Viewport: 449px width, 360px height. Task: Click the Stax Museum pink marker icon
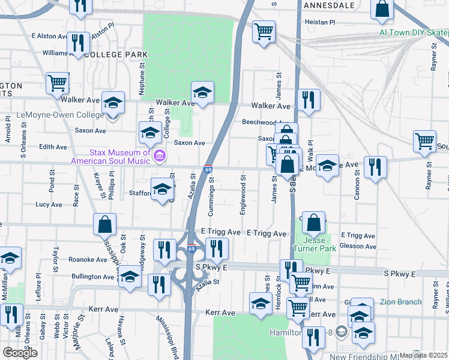pos(159,157)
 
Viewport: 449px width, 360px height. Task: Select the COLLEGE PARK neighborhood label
pos(116,55)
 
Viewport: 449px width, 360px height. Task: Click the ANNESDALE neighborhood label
pos(329,5)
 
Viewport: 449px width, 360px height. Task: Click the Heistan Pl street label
pos(320,22)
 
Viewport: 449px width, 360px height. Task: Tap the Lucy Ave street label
pos(49,205)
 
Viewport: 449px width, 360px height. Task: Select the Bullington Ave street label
pos(93,277)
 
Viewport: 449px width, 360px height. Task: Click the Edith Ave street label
pos(52,147)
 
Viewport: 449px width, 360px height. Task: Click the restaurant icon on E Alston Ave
pos(78,42)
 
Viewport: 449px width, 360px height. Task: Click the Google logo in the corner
pos(20,353)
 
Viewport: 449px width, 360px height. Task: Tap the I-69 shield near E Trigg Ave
pos(191,248)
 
